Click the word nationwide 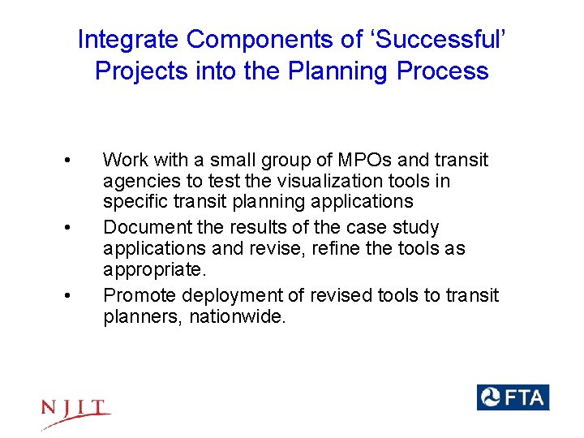coord(237,316)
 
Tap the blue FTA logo coord(513,397)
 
